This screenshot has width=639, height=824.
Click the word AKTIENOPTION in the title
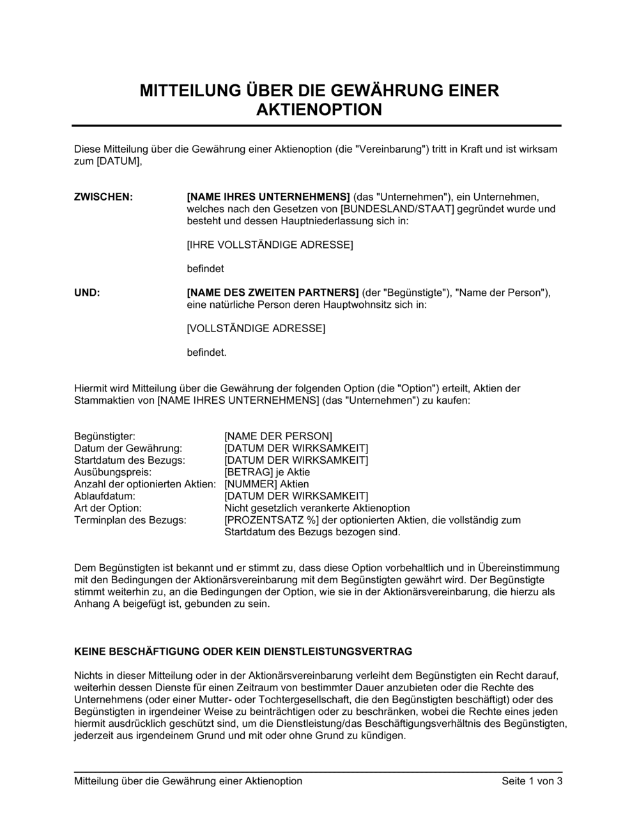[319, 110]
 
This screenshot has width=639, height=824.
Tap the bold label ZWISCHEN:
[104, 197]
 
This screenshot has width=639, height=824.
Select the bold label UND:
[87, 293]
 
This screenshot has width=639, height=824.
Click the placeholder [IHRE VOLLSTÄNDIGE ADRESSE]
[270, 245]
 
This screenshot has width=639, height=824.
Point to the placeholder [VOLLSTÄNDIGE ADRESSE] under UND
[256, 328]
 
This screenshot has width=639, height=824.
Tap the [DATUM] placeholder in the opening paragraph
[118, 161]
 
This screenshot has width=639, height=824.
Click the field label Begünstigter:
[105, 436]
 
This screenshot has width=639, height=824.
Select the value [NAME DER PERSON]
[278, 436]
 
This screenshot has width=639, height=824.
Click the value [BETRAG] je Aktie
[267, 472]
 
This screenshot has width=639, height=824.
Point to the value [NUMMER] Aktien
[266, 484]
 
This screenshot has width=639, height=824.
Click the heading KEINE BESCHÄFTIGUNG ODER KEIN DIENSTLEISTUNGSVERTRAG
[243, 652]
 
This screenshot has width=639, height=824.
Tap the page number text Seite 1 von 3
[532, 781]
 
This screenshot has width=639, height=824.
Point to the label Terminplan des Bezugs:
[130, 520]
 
